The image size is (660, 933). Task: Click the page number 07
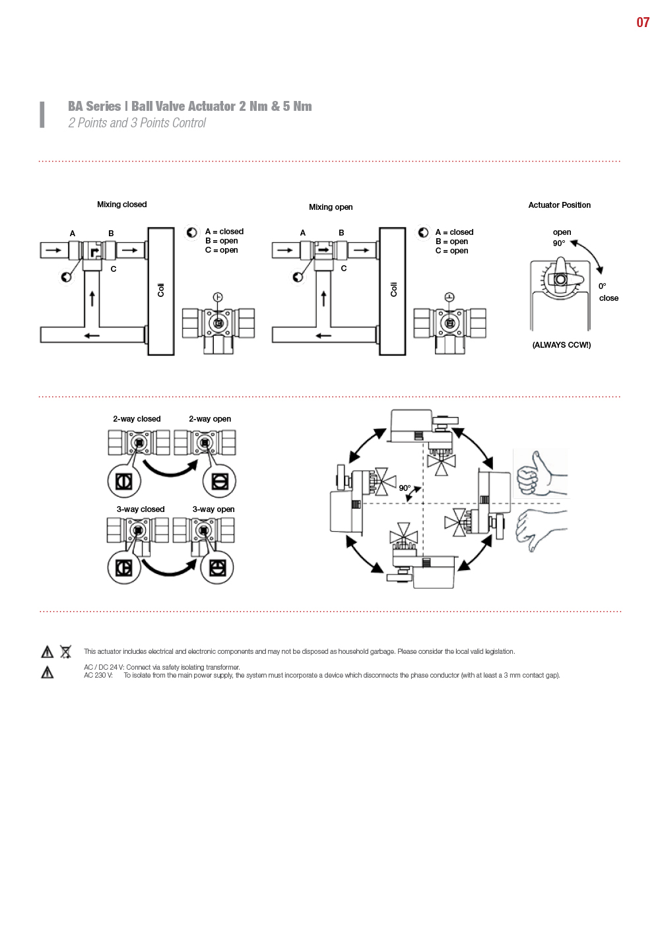tap(642, 22)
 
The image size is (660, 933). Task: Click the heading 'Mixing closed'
tap(121, 205)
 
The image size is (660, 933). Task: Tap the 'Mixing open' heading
tap(331, 207)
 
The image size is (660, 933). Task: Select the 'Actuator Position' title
tap(559, 205)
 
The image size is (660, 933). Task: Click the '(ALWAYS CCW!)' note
tap(561, 345)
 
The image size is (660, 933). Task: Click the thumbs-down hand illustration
tap(541, 529)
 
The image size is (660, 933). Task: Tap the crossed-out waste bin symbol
tap(66, 651)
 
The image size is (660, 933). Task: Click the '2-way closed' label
tap(137, 419)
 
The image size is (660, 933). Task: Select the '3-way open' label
tap(213, 509)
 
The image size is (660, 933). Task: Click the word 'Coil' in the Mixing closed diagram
tap(161, 290)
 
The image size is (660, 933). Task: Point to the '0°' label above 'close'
tap(602, 286)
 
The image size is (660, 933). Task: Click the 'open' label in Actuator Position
tap(562, 232)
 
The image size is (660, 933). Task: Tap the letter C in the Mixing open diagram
tap(344, 269)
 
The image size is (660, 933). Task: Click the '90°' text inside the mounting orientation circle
tap(405, 488)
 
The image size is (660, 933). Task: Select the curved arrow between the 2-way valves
tap(171, 470)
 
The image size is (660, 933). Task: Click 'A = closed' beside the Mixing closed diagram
tap(224, 232)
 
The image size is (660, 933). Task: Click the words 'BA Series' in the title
tap(94, 106)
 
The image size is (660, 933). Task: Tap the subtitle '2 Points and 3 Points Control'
tap(137, 123)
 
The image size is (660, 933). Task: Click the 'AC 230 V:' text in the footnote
tap(98, 675)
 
